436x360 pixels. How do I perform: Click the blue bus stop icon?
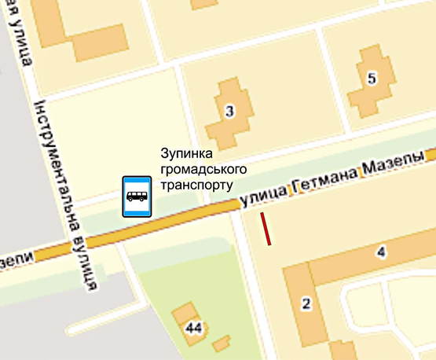(135, 196)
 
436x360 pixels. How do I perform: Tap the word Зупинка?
(182, 154)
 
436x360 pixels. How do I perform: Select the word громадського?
(193, 169)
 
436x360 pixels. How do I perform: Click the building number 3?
(229, 112)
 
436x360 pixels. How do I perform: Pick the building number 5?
(371, 78)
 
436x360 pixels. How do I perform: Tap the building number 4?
(382, 252)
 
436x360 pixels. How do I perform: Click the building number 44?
(194, 326)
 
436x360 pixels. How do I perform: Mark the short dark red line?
(267, 229)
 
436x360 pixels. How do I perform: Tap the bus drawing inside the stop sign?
(135, 193)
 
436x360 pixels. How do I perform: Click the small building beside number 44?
(222, 343)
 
